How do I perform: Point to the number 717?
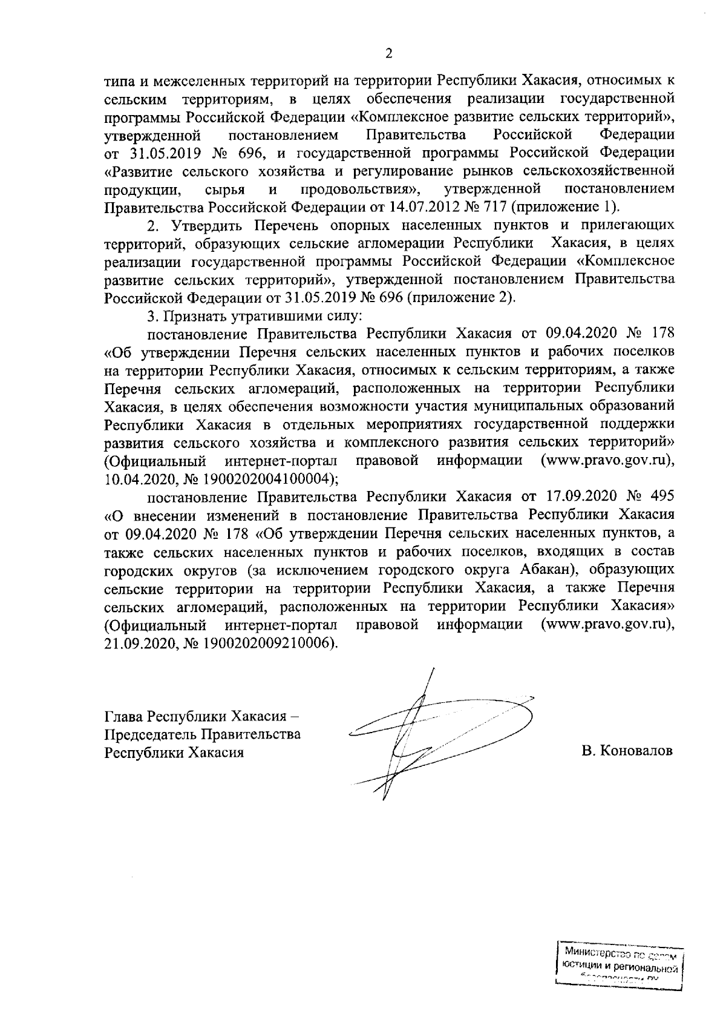click(494, 207)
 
